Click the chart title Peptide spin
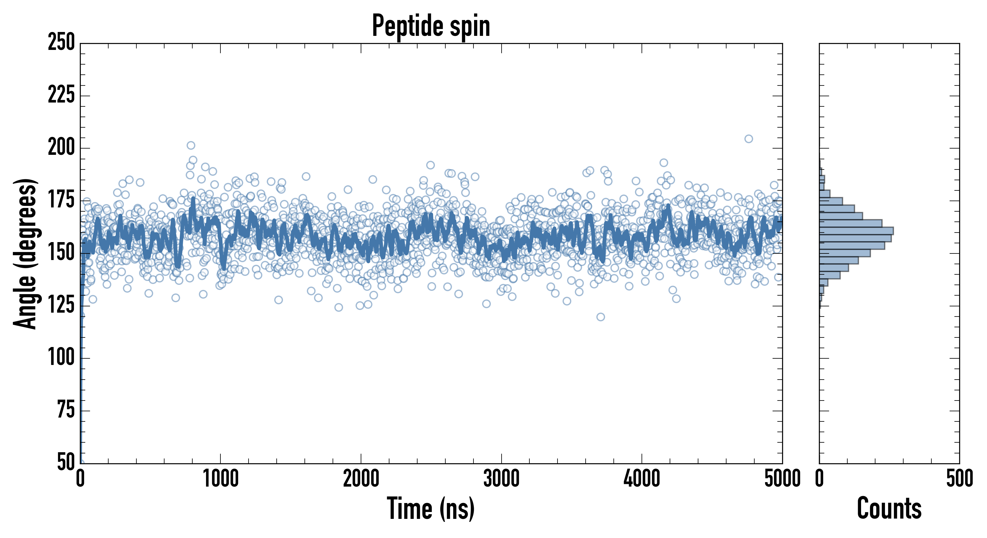pyautogui.click(x=431, y=26)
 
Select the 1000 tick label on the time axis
pyautogui.click(x=221, y=479)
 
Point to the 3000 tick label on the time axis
pyautogui.click(x=501, y=479)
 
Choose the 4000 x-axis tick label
pyautogui.click(x=642, y=479)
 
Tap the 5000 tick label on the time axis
pyautogui.click(x=782, y=479)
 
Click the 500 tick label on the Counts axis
pyautogui.click(x=959, y=479)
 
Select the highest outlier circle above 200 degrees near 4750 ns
pyautogui.click(x=749, y=139)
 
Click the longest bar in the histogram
pyautogui.click(x=856, y=231)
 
